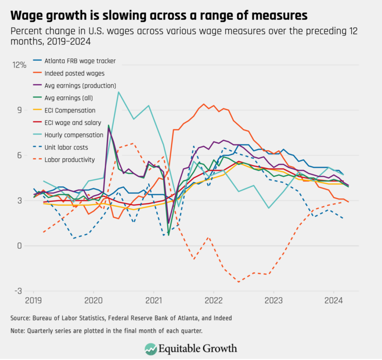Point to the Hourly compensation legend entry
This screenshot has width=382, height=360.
tap(77, 134)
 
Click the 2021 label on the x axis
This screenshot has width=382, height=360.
tap(153, 300)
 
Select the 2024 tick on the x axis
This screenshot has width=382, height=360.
tap(334, 300)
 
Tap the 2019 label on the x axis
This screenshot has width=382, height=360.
tap(33, 300)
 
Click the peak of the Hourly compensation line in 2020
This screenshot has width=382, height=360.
tap(118, 92)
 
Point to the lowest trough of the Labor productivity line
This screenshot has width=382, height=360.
tap(239, 282)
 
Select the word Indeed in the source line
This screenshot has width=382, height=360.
tap(221, 318)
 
